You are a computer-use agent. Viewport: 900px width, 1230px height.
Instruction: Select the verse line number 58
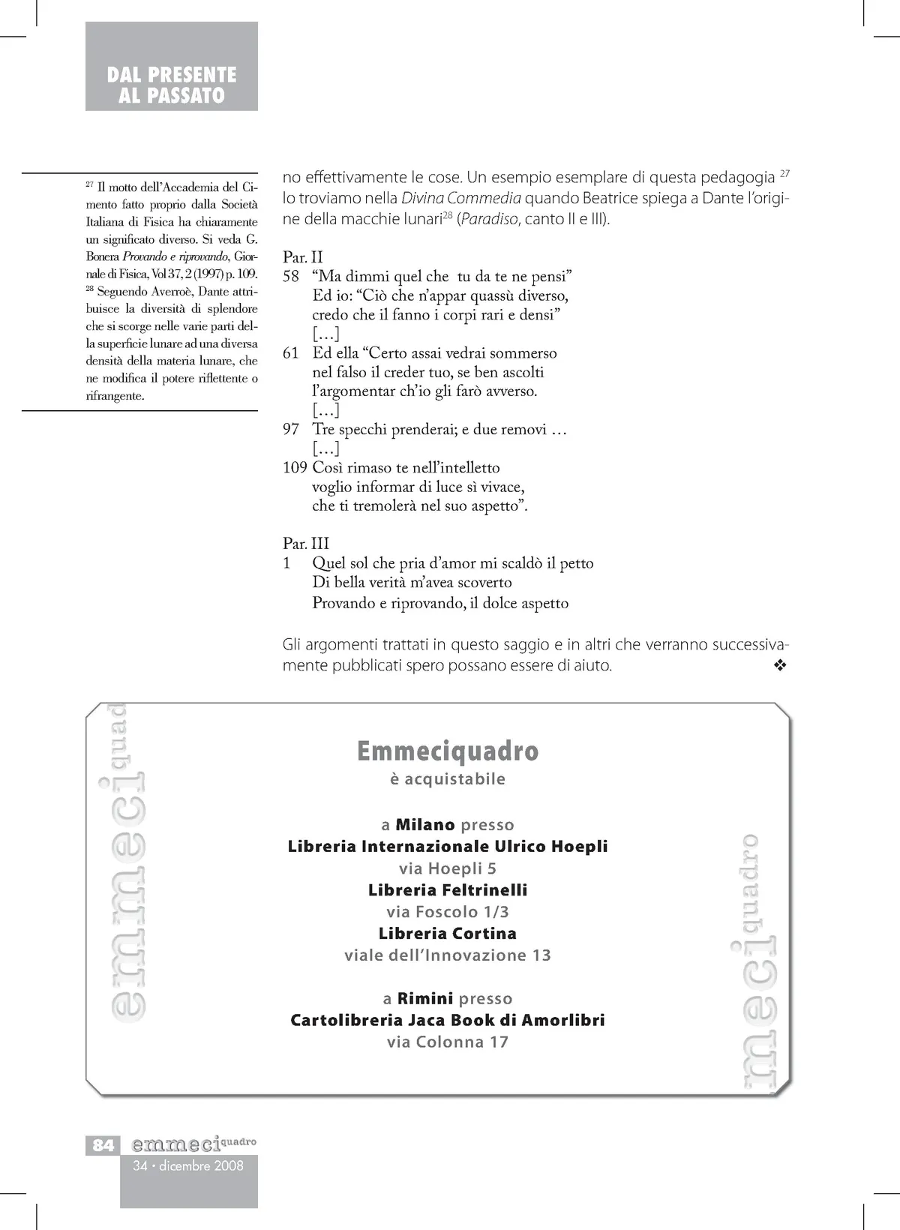pyautogui.click(x=291, y=277)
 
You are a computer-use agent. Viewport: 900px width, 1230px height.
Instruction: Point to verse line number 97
pyautogui.click(x=291, y=430)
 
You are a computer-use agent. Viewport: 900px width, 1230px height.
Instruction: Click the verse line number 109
pyautogui.click(x=295, y=468)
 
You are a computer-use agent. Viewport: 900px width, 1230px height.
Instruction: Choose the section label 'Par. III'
pyautogui.click(x=306, y=544)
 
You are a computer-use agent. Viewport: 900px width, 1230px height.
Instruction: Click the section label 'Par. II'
pyautogui.click(x=303, y=257)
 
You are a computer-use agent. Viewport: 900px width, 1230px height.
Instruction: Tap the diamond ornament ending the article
pyautogui.click(x=780, y=665)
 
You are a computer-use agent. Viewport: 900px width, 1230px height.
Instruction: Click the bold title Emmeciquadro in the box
pyautogui.click(x=448, y=751)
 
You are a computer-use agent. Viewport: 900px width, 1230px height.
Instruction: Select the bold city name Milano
pyautogui.click(x=425, y=825)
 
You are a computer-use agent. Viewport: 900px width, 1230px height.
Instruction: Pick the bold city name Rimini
pyautogui.click(x=425, y=999)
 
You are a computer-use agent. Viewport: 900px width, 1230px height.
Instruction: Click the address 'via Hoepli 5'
pyautogui.click(x=448, y=868)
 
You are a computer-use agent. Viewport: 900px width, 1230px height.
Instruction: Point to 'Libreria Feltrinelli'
pyautogui.click(x=448, y=890)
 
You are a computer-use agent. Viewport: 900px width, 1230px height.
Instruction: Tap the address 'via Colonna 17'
pyautogui.click(x=448, y=1042)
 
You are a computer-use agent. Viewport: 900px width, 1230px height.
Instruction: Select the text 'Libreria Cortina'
pyautogui.click(x=448, y=934)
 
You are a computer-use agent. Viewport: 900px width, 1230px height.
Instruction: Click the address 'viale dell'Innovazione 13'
pyautogui.click(x=448, y=955)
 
